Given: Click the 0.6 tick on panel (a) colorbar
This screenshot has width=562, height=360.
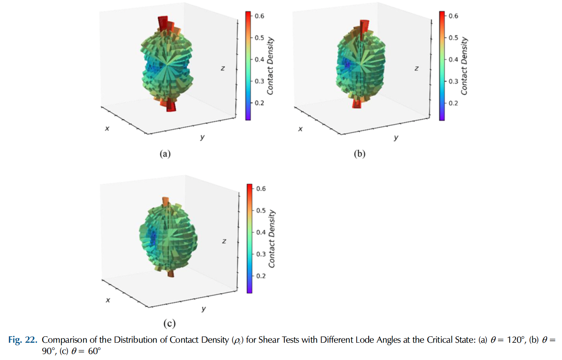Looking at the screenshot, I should (259, 16).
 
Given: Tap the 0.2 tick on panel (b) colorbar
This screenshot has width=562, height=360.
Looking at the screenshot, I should (453, 103).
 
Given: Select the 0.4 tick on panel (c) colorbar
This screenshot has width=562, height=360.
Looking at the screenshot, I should (261, 232).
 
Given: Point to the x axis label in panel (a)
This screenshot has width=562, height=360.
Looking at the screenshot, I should (107, 129).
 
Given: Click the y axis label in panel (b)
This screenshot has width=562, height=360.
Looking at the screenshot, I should (396, 137).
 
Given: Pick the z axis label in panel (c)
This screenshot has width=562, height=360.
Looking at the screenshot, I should (224, 241).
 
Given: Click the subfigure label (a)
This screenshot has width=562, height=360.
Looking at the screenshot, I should (165, 154).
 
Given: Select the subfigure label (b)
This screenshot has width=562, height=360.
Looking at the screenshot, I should (359, 154).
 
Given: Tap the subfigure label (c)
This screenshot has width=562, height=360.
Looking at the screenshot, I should (169, 323).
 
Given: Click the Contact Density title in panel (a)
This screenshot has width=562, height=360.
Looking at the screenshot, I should (270, 66).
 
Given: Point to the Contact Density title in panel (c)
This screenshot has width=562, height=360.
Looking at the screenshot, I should (272, 239).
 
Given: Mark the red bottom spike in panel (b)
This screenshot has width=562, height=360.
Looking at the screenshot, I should (357, 104).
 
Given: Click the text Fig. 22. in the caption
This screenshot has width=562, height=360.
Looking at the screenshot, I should (23, 340).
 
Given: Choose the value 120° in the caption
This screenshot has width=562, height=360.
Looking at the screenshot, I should (516, 340).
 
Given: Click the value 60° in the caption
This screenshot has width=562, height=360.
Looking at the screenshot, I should (94, 351).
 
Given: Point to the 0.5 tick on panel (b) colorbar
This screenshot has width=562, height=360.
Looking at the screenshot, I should (453, 38).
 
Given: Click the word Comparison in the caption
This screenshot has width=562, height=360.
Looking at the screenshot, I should (64, 340).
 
